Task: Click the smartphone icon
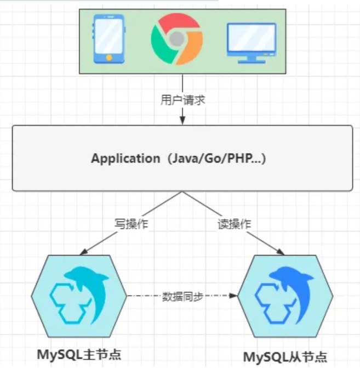click(109, 38)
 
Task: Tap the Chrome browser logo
click(175, 38)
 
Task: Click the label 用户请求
click(182, 101)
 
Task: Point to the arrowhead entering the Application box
click(182, 121)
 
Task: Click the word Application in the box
click(124, 159)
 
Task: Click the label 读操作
click(235, 224)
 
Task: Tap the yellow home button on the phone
click(109, 56)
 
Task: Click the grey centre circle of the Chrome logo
click(175, 38)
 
